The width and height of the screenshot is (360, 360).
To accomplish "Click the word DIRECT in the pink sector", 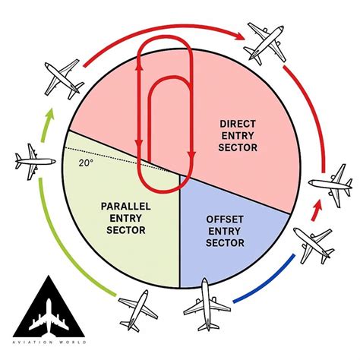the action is click(238, 124).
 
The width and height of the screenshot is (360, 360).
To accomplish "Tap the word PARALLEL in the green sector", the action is click(126, 207).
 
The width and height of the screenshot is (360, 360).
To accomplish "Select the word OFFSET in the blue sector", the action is click(225, 219).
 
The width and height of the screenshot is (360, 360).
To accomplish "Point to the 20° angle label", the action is click(84, 163).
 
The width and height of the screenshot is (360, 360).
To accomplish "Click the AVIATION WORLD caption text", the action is click(49, 343).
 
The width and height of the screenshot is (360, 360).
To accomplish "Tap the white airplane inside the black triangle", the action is click(49, 317).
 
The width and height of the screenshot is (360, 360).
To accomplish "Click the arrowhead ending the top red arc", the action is click(239, 36).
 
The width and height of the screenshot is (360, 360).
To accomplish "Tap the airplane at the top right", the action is click(265, 43).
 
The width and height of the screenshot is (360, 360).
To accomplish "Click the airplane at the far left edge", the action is click(35, 162).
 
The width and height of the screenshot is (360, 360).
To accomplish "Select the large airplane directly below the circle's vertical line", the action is click(207, 305).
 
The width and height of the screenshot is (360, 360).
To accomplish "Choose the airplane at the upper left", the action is click(64, 79).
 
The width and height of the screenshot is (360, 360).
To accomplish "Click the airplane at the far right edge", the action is click(331, 185).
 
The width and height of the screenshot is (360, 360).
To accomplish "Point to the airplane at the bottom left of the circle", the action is click(138, 311).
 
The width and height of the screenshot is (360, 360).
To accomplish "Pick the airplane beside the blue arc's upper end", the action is click(314, 245).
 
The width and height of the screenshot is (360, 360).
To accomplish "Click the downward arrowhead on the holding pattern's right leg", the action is click(192, 155).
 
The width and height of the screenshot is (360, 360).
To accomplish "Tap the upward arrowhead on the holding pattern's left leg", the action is click(139, 66).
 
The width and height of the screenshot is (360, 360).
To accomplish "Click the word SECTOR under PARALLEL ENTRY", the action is click(126, 230).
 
